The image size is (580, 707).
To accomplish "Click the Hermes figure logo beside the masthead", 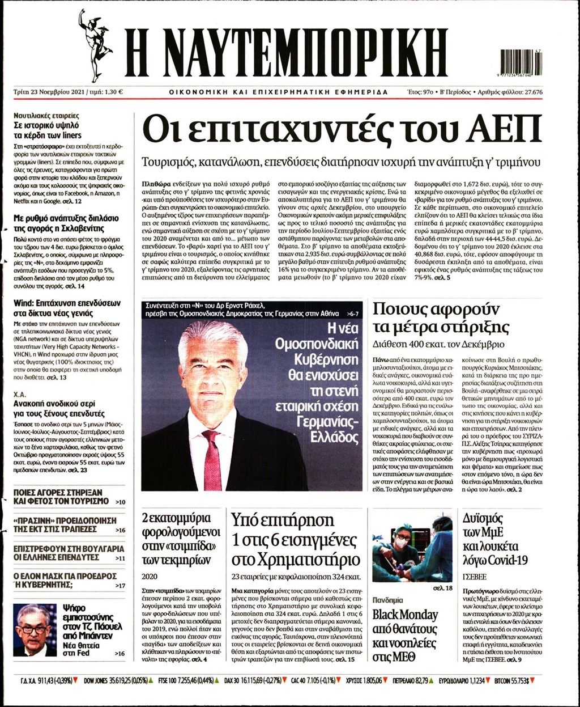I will tap(95, 45).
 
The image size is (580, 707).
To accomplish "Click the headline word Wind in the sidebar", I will tap(25, 302).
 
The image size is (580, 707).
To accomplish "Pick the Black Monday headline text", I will tap(405, 615).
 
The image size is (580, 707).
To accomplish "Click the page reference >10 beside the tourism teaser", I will tap(120, 502).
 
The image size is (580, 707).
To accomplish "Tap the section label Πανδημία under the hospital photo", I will tap(387, 599).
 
